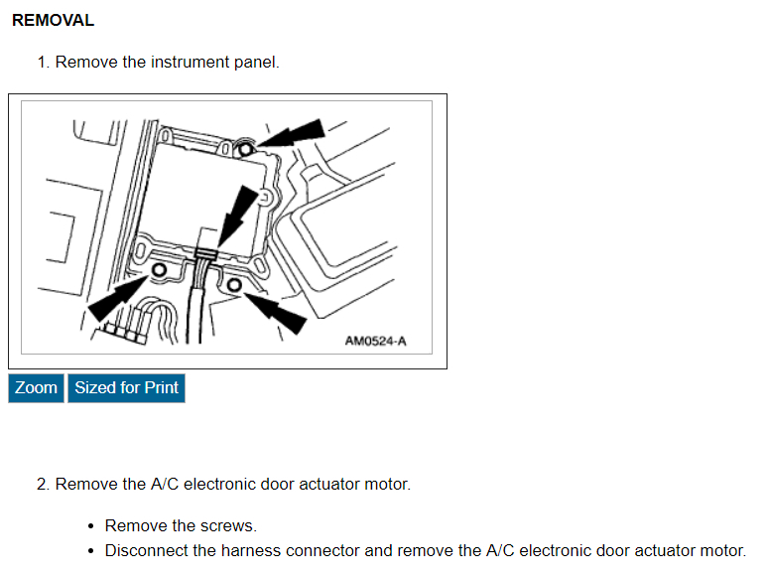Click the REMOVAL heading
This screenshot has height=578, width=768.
click(x=53, y=20)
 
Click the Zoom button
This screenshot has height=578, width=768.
click(x=36, y=387)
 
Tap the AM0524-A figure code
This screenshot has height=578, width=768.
click(x=375, y=342)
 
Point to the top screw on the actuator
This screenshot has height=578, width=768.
click(x=245, y=147)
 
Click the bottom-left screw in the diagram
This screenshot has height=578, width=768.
click(x=159, y=270)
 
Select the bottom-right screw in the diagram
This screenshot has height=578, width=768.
click(x=234, y=286)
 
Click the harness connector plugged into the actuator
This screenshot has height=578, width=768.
click(x=205, y=260)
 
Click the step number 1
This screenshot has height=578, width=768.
click(x=43, y=62)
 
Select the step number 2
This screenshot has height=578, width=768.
click(x=43, y=485)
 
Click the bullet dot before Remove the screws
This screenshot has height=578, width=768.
click(x=91, y=526)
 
